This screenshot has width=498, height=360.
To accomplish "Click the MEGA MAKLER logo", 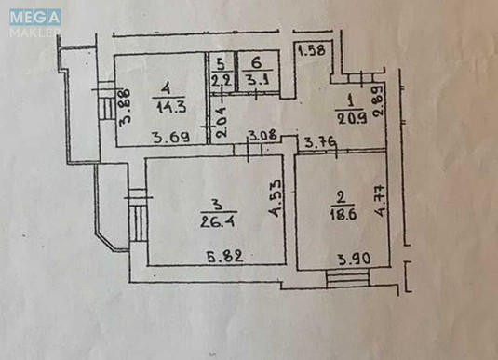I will coord(35,23).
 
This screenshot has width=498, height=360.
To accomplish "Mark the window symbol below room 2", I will coord(347,277).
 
